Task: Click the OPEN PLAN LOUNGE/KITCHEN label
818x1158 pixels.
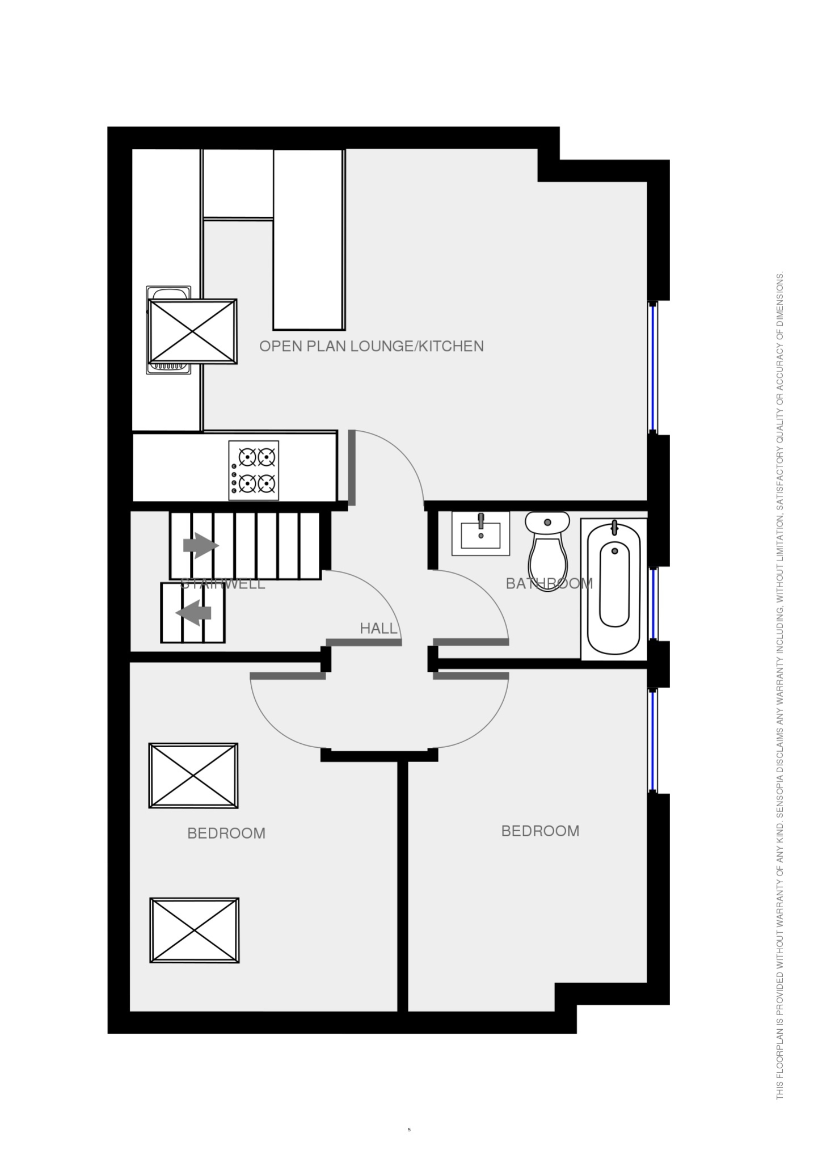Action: (372, 346)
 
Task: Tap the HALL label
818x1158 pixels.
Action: (378, 628)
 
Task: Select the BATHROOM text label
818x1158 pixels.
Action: (549, 583)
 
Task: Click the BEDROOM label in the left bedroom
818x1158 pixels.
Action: (226, 833)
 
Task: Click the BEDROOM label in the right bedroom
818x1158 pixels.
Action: (540, 831)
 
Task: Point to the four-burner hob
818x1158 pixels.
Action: (254, 470)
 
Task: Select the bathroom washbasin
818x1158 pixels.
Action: (480, 533)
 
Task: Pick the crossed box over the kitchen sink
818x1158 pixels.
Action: (192, 331)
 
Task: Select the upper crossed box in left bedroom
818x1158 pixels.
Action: (193, 776)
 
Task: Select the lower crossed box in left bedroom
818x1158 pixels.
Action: (195, 930)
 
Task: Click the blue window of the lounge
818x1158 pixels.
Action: (653, 368)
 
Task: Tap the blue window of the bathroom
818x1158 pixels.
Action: (653, 603)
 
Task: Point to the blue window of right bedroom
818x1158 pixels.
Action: (653, 740)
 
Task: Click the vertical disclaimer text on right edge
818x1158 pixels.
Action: (781, 579)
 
